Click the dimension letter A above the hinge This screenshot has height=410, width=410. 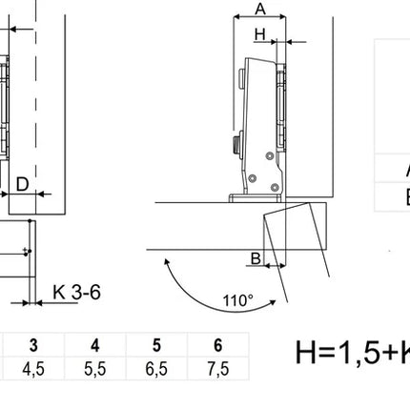pyautogui.click(x=260, y=9)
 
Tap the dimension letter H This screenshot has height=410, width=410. pyautogui.click(x=260, y=34)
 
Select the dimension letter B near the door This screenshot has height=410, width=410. pyautogui.click(x=256, y=258)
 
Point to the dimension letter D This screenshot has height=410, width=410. pyautogui.click(x=22, y=184)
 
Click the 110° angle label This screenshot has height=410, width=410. pyautogui.click(x=238, y=300)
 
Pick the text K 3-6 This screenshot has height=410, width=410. pyautogui.click(x=76, y=292)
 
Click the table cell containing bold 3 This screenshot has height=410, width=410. pyautogui.click(x=34, y=345)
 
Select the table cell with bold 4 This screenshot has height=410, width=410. pyautogui.click(x=95, y=345)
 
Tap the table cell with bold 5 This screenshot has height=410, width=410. pyautogui.click(x=156, y=345)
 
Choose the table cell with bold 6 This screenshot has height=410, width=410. pyautogui.click(x=218, y=345)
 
